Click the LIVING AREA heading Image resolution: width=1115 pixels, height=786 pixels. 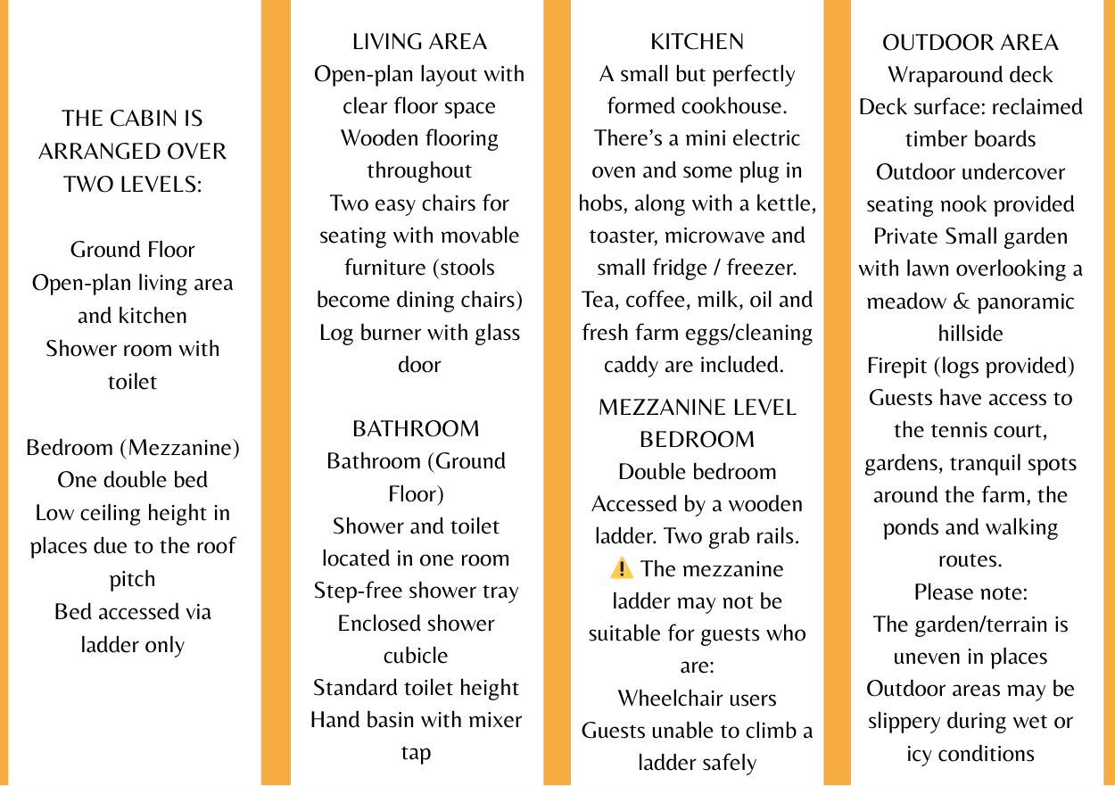419,42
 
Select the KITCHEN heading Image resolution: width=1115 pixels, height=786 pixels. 697,42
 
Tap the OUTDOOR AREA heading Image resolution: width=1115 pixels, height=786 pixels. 970,43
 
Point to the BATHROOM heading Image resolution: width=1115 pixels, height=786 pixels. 416,429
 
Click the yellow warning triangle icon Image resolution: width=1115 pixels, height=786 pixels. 621,569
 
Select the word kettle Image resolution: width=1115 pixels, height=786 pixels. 783,203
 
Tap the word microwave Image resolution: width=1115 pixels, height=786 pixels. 720,236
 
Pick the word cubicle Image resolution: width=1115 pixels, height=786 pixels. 416,656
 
